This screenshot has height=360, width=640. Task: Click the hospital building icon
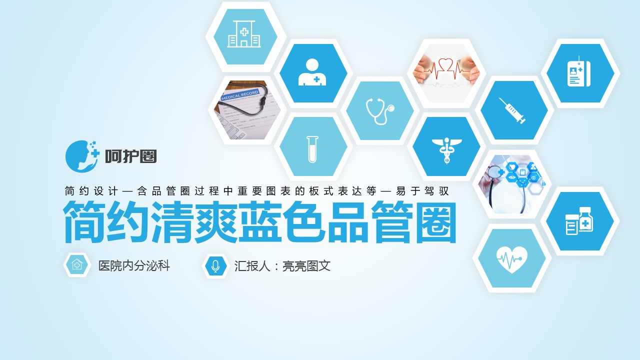(244, 34)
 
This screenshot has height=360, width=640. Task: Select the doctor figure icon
(312, 72)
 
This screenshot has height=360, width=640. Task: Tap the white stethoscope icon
(380, 111)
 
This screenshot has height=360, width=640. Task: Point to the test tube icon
(312, 149)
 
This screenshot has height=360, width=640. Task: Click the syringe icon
(512, 110)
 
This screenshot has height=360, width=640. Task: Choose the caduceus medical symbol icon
(446, 150)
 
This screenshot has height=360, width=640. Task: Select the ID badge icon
(579, 71)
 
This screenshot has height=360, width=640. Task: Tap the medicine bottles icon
(579, 221)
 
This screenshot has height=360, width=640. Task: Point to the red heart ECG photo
(446, 73)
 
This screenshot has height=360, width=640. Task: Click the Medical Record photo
(247, 110)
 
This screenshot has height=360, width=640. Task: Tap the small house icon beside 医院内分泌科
(77, 265)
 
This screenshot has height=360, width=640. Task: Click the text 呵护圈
(131, 156)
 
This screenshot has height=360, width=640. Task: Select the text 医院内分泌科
(134, 265)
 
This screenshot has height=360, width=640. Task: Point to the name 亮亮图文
(306, 266)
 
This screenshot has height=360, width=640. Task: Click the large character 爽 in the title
(216, 222)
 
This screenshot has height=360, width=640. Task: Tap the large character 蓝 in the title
(259, 222)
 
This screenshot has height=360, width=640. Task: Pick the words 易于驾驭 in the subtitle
(422, 191)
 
